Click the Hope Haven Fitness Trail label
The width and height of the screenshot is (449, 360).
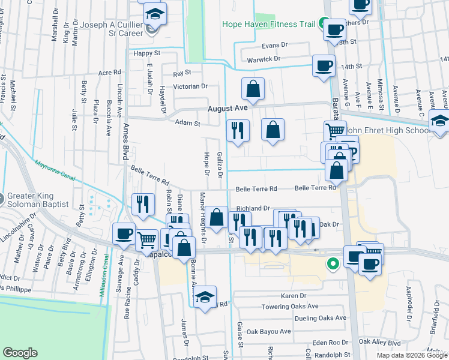click(268, 25)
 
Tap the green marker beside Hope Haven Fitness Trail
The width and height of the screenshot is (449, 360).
click(323, 25)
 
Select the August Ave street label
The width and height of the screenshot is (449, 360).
click(228, 109)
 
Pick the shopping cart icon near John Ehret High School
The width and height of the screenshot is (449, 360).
click(334, 130)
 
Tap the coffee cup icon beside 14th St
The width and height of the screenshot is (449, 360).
click(324, 65)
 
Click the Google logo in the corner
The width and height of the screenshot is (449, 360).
click(20, 353)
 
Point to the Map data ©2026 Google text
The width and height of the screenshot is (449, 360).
click(411, 355)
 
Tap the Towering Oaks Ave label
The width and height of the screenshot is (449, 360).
click(292, 306)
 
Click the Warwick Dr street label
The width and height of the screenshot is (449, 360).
click(264, 59)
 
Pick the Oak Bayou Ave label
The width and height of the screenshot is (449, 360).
click(268, 331)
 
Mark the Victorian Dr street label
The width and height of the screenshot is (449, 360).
click(190, 86)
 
